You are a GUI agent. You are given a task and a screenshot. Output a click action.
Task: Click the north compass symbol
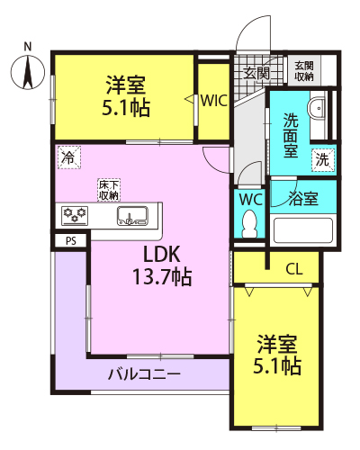[x=28, y=72]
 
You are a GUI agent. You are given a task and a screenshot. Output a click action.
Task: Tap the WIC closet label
[x=214, y=101]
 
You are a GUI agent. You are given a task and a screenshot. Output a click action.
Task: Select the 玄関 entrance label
[x=256, y=73]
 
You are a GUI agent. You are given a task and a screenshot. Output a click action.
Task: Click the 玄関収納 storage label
[x=304, y=71]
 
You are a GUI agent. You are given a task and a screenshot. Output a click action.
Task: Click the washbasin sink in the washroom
[x=317, y=108]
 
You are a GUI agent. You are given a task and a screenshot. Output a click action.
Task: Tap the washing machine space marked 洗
[x=322, y=159]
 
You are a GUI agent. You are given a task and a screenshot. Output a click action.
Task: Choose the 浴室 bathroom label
[x=303, y=198]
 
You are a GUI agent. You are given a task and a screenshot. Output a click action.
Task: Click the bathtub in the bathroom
[x=303, y=231]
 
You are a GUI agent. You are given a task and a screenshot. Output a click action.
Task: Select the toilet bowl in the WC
[x=249, y=223]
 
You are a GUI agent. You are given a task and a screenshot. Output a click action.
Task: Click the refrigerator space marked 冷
[x=69, y=157]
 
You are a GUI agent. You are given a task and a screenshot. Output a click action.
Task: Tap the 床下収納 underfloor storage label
[x=109, y=190]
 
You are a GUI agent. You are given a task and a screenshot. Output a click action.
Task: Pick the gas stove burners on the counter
[x=75, y=215]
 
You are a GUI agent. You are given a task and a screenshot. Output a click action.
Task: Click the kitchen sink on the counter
[x=132, y=215]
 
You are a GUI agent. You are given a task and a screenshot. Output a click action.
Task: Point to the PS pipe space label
[x=71, y=241]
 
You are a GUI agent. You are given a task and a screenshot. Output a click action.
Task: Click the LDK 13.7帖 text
[x=162, y=265]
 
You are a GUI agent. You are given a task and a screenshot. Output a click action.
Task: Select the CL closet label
[x=294, y=269]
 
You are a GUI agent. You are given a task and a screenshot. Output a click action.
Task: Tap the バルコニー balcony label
[x=144, y=374]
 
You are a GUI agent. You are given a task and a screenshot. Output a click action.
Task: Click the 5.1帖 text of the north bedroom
[x=126, y=108]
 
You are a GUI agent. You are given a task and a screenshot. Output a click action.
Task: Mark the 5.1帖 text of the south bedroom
[x=277, y=365]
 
